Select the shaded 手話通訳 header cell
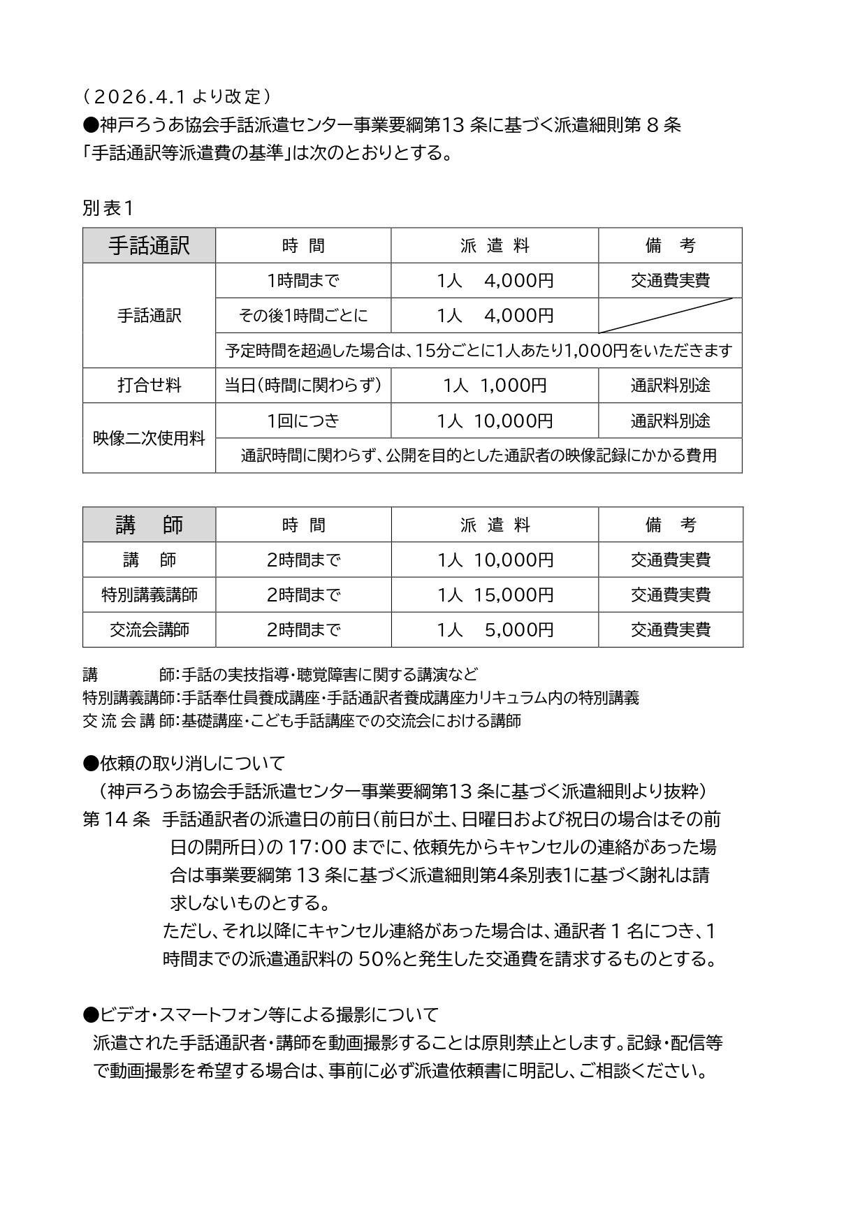[149, 245]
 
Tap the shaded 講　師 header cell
[149, 525]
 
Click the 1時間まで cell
[303, 281]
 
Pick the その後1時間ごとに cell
[303, 316]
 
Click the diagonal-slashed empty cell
[669, 316]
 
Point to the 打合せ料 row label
[149, 385]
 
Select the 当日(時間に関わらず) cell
[303, 385]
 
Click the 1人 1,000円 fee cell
[495, 385]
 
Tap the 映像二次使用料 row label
[149, 438]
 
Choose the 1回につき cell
[303, 421]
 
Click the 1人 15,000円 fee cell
[495, 594]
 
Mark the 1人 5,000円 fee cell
[495, 629]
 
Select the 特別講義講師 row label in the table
[149, 594]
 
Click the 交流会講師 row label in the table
[149, 629]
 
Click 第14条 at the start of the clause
[116, 819]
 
